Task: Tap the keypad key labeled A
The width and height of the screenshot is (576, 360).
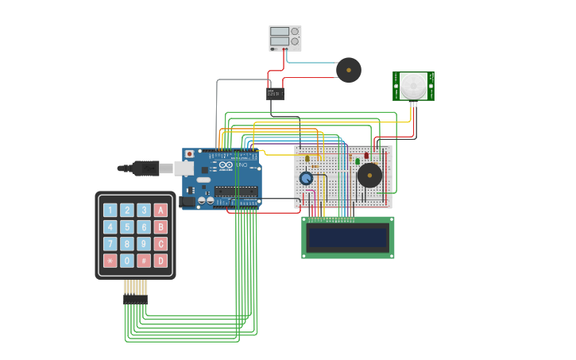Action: [x=160, y=211]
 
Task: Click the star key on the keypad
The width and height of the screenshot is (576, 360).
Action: [x=110, y=261]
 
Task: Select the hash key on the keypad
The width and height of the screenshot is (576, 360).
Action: [x=144, y=261]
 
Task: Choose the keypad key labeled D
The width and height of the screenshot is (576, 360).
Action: [x=160, y=261]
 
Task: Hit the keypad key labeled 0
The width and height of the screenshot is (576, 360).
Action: [x=127, y=261]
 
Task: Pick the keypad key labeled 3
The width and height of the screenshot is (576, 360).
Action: [x=144, y=211]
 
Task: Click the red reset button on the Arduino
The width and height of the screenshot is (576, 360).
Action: [x=189, y=154]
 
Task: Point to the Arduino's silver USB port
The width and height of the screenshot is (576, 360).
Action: [x=184, y=168]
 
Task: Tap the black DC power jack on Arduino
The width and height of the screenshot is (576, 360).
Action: [x=187, y=202]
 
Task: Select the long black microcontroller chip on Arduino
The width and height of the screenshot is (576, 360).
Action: [x=236, y=191]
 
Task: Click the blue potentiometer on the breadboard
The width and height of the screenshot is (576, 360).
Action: [x=306, y=178]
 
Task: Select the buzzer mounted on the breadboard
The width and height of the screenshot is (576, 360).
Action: [x=369, y=175]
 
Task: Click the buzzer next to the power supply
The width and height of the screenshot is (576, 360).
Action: [x=349, y=70]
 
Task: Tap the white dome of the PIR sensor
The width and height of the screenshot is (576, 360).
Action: [x=412, y=85]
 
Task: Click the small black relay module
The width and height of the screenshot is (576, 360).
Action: [x=275, y=93]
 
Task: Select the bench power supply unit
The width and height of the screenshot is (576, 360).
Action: [x=284, y=37]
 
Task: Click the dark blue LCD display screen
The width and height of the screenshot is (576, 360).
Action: [x=348, y=237]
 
